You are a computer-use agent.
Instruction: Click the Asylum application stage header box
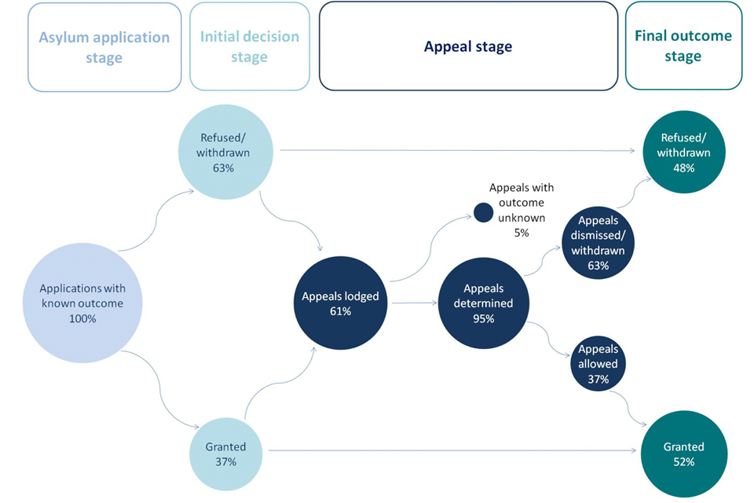(x=104, y=46)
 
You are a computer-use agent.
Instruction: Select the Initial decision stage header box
(x=249, y=46)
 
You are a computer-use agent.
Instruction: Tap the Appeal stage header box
(x=468, y=46)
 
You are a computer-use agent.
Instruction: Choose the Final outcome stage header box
(x=683, y=46)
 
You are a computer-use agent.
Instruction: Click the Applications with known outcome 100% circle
(x=82, y=303)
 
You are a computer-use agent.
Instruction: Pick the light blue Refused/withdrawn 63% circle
(x=225, y=145)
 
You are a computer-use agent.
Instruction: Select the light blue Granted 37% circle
(x=226, y=454)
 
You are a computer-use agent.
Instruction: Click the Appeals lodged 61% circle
(x=341, y=303)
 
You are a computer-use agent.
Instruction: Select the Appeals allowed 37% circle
(x=598, y=364)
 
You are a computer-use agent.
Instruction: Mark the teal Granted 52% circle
(x=683, y=454)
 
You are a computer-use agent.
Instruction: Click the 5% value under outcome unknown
(x=522, y=233)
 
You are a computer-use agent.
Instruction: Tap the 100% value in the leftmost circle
(x=82, y=318)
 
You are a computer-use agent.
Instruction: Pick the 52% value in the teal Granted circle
(x=683, y=462)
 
